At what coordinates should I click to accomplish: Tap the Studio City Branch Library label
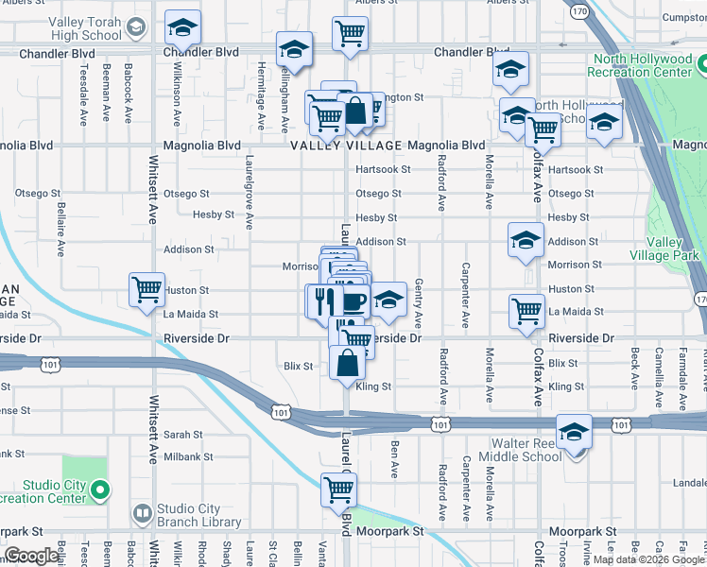click(199, 515)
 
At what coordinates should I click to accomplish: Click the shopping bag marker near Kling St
click(348, 362)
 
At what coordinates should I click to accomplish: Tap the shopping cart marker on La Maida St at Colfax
click(526, 310)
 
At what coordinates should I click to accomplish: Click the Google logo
click(30, 556)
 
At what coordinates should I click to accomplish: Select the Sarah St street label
click(183, 435)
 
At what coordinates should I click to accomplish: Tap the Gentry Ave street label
click(418, 308)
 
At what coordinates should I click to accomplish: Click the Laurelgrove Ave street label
click(250, 194)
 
